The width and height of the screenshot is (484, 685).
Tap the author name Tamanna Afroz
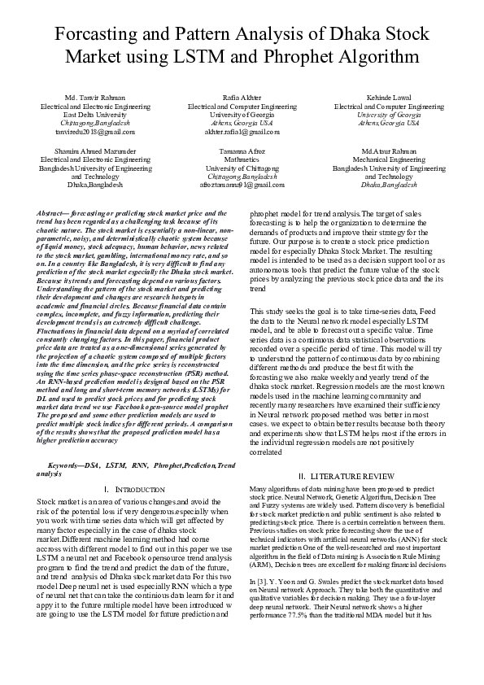[242, 151]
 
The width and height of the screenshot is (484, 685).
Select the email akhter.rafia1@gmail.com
[242, 130]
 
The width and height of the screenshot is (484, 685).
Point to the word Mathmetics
[242, 160]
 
